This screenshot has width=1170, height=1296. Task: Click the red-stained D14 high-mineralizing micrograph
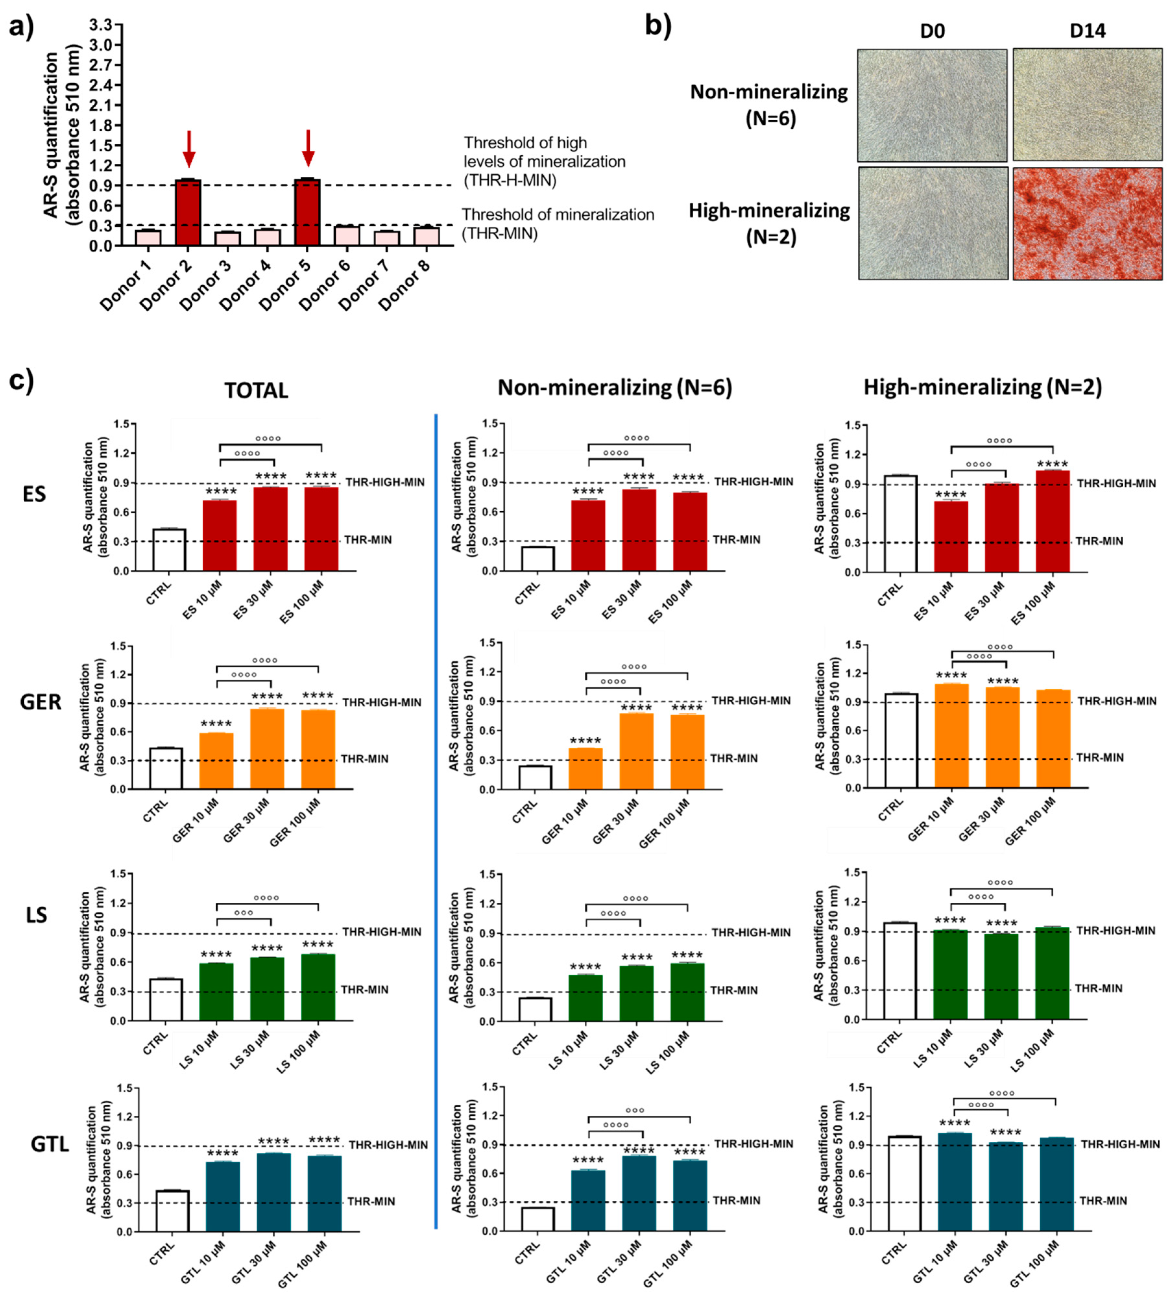click(1087, 224)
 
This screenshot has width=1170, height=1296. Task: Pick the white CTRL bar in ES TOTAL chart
click(169, 550)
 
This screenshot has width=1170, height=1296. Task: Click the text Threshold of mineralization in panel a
click(557, 215)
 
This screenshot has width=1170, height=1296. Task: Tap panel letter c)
click(21, 381)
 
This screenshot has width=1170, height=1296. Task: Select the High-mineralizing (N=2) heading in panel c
click(982, 387)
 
